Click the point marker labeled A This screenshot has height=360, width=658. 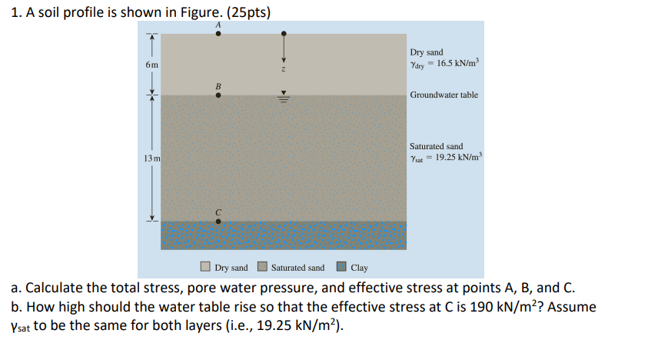(218, 34)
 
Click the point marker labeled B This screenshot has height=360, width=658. (218, 96)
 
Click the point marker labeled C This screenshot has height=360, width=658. (218, 222)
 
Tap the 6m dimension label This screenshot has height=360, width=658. (151, 65)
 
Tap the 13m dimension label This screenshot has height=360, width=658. (151, 158)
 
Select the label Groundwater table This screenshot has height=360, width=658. (444, 95)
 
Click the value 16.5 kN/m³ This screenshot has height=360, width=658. (457, 63)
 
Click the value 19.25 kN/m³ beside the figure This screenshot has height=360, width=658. (459, 158)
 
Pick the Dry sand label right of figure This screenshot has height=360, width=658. (427, 52)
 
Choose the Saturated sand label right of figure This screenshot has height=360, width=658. (436, 146)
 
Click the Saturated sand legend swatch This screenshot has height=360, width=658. (261, 268)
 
